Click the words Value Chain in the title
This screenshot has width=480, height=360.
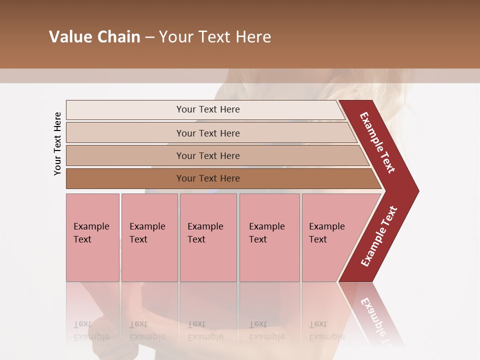pyautogui.click(x=94, y=37)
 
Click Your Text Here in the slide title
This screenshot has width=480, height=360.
pyautogui.click(x=215, y=37)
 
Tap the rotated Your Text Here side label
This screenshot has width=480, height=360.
pyautogui.click(x=57, y=143)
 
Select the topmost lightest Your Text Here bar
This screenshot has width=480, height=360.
pyautogui.click(x=207, y=109)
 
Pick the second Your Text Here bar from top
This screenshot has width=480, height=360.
pyautogui.click(x=207, y=133)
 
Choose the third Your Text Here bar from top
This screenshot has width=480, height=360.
pyautogui.click(x=207, y=155)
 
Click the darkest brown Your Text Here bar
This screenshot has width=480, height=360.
pyautogui.click(x=207, y=178)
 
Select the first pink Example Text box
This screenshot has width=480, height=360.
pyautogui.click(x=92, y=237)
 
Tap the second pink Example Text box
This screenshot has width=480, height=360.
pyautogui.click(x=149, y=237)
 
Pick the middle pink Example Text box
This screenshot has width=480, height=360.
pyautogui.click(x=208, y=237)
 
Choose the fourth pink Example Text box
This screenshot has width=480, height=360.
pyautogui.click(x=269, y=237)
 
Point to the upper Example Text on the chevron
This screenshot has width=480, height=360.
pyautogui.click(x=377, y=142)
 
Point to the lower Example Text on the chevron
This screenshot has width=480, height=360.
pyautogui.click(x=378, y=236)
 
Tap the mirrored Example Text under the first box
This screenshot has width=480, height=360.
pyautogui.click(x=91, y=330)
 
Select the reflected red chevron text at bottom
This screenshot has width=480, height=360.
pyautogui.click(x=376, y=320)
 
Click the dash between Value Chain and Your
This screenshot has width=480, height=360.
pyautogui.click(x=149, y=37)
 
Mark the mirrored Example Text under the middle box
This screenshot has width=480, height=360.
pyautogui.click(x=205, y=330)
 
